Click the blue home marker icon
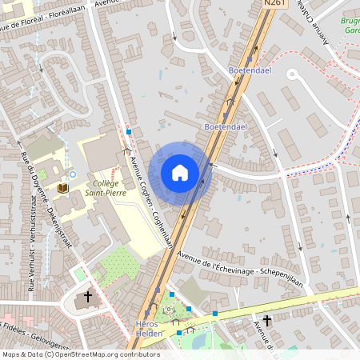(x=180, y=173)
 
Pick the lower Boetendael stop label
(x=224, y=126)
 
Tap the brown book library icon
(x=62, y=188)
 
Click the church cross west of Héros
(x=88, y=297)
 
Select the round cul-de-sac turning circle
(x=291, y=75)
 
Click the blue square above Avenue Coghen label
(x=129, y=130)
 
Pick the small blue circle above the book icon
(x=72, y=173)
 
